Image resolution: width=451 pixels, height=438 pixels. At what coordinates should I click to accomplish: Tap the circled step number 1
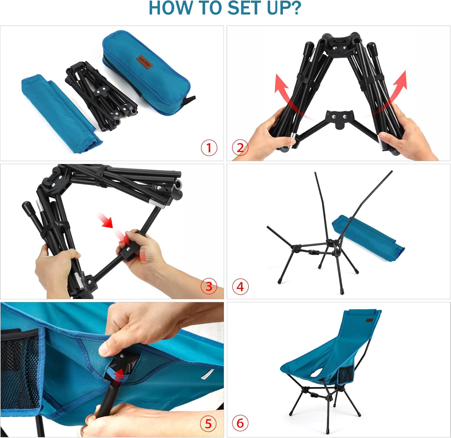[x=209, y=148]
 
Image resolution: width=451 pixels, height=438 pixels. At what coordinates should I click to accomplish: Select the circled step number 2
[x=240, y=148]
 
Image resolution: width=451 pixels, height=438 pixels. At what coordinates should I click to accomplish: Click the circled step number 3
[x=209, y=286]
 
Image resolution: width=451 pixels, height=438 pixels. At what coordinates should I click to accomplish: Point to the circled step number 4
[x=240, y=287]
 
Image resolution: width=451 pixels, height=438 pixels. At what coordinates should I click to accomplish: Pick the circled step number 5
[x=208, y=424]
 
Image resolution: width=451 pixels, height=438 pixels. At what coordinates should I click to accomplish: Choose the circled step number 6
[x=240, y=423]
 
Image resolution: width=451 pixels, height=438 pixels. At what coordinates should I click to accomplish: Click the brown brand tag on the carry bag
[x=146, y=62]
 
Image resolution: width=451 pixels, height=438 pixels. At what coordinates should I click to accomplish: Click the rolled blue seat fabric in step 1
[x=60, y=113]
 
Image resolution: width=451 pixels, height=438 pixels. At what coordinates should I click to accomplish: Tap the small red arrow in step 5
[x=119, y=375]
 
